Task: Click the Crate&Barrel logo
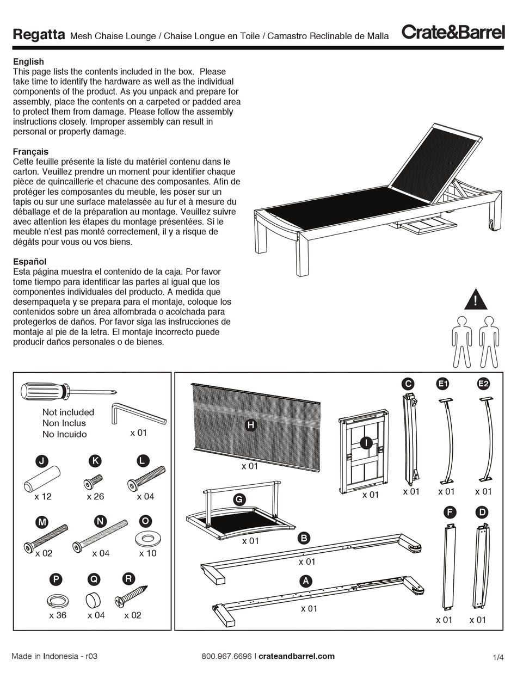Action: pyautogui.click(x=453, y=32)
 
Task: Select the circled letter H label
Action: pyautogui.click(x=250, y=425)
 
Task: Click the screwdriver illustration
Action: pyautogui.click(x=68, y=391)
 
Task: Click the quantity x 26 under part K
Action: pyautogui.click(x=95, y=496)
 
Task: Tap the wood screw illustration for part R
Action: pyautogui.click(x=131, y=596)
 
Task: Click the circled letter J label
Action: pyautogui.click(x=41, y=461)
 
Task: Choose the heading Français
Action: pyautogui.click(x=30, y=152)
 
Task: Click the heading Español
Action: pyautogui.click(x=29, y=262)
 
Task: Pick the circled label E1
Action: pyautogui.click(x=443, y=384)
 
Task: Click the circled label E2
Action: pyautogui.click(x=483, y=384)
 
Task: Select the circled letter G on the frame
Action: pyautogui.click(x=238, y=499)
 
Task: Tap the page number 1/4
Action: pyautogui.click(x=498, y=658)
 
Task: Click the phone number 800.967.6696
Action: pyautogui.click(x=226, y=656)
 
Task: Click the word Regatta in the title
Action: pyautogui.click(x=39, y=35)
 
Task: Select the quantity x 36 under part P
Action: pyautogui.click(x=57, y=615)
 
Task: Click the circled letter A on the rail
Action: pyautogui.click(x=306, y=581)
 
